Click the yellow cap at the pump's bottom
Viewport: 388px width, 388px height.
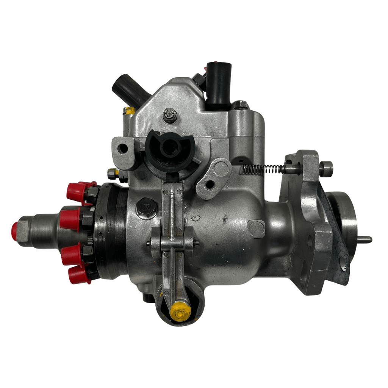180,311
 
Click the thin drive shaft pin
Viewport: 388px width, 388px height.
365,239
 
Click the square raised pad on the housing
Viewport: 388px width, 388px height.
256,228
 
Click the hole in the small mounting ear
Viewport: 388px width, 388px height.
123,149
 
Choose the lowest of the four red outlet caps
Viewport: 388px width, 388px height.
79,275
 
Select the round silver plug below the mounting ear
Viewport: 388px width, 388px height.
112,174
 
